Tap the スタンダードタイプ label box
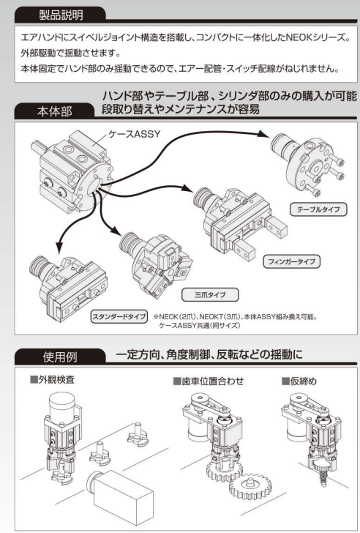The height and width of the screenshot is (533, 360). pos(119,317)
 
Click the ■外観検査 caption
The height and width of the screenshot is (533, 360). pos(51,381)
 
